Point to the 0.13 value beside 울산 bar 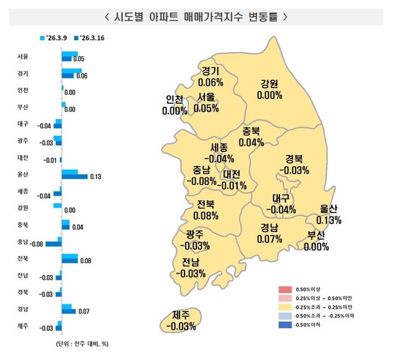tap(94, 177)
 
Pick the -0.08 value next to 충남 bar tap(36, 244)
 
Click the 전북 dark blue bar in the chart tap(70, 261)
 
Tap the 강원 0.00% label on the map tap(270, 90)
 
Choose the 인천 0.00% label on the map tap(174, 106)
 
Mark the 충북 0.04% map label tap(251, 136)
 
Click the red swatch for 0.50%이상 tap(285, 289)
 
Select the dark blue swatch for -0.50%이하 tap(285, 325)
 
